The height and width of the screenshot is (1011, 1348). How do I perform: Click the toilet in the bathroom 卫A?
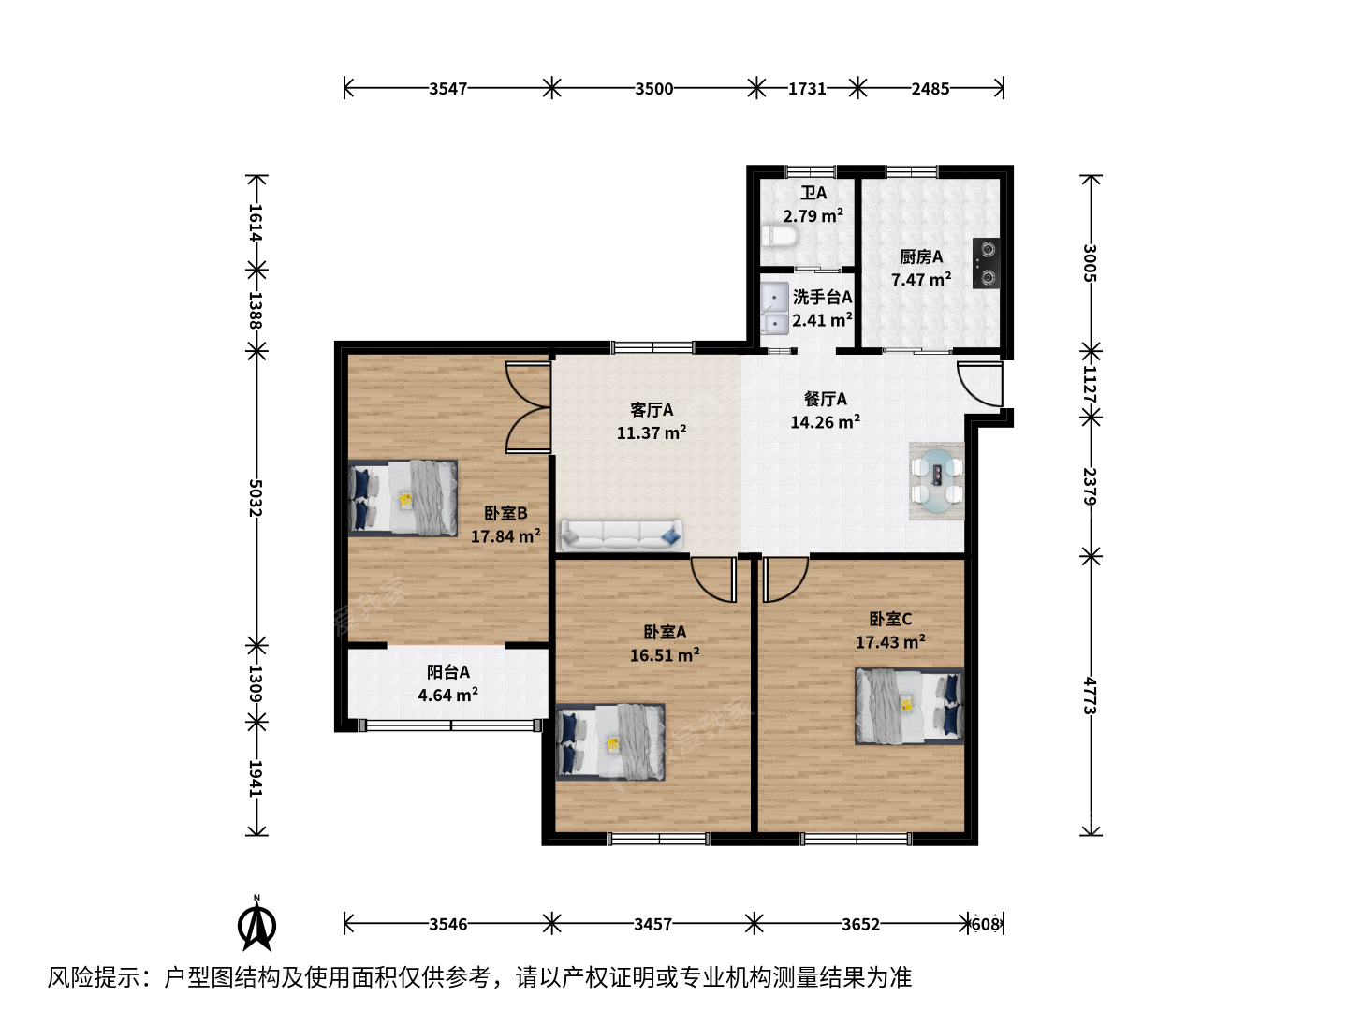(x=779, y=236)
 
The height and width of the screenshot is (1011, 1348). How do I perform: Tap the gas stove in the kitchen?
(x=986, y=263)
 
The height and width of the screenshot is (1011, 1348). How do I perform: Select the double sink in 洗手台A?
(x=774, y=308)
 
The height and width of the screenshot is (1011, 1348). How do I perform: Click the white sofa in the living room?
(x=622, y=535)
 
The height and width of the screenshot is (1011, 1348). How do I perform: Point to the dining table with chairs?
(x=936, y=481)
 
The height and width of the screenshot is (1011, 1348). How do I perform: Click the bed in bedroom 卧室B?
(x=403, y=498)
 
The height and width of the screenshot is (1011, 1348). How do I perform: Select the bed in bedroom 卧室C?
(x=909, y=706)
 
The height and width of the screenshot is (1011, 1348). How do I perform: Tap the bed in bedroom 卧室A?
(x=610, y=742)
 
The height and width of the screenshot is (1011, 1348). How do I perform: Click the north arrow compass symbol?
(x=256, y=923)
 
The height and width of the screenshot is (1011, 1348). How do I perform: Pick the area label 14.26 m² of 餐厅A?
(x=825, y=422)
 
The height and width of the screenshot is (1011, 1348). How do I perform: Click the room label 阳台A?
(x=448, y=672)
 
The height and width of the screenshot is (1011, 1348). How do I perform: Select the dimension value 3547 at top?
(x=447, y=89)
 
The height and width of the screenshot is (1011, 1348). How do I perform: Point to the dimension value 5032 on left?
(x=256, y=498)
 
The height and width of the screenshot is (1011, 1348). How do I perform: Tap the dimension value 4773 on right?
(x=1090, y=696)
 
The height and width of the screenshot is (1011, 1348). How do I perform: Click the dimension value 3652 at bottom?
(x=860, y=924)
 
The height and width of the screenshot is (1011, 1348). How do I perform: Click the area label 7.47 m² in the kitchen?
(x=921, y=280)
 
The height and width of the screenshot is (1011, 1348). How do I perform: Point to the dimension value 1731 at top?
(x=807, y=89)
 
